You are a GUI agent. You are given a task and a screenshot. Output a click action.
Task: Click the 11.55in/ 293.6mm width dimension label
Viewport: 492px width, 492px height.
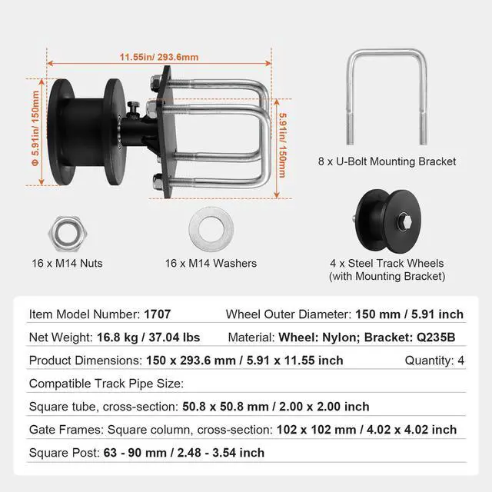pyautogui.click(x=159, y=57)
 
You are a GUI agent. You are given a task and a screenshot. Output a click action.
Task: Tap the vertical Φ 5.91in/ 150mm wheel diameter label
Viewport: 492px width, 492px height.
pyautogui.click(x=35, y=128)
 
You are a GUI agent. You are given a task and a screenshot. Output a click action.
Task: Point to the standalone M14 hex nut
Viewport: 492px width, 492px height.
pyautogui.click(x=68, y=234)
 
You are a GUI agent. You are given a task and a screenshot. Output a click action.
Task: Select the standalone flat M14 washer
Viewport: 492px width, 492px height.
pyautogui.click(x=211, y=228)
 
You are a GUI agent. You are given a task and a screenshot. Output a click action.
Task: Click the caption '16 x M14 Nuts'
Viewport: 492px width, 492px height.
pyautogui.click(x=67, y=263)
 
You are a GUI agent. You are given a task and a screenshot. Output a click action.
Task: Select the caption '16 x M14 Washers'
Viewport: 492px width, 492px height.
pyautogui.click(x=211, y=263)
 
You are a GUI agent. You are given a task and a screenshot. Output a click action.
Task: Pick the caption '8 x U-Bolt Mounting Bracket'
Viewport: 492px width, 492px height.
pyautogui.click(x=387, y=161)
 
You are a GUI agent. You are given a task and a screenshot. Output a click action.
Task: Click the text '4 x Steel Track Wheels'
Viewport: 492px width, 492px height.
pyautogui.click(x=387, y=263)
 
